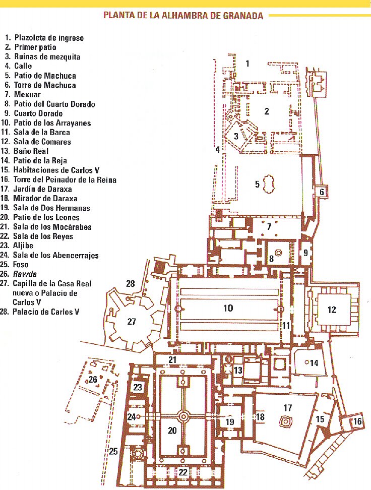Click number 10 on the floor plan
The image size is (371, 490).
(x=228, y=308)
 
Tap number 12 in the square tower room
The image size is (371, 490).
(x=331, y=310)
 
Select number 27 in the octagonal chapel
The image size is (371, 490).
(x=131, y=322)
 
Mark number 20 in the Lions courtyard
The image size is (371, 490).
(x=172, y=431)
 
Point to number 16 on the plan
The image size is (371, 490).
(x=357, y=421)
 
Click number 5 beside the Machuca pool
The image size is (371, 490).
(x=257, y=185)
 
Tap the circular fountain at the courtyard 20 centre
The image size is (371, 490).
(x=183, y=416)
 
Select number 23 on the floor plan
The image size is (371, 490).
(x=137, y=387)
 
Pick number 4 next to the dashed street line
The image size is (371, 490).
(x=218, y=149)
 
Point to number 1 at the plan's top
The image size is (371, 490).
(x=248, y=64)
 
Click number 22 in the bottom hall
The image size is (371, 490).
(x=182, y=472)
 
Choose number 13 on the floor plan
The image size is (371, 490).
(x=237, y=371)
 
